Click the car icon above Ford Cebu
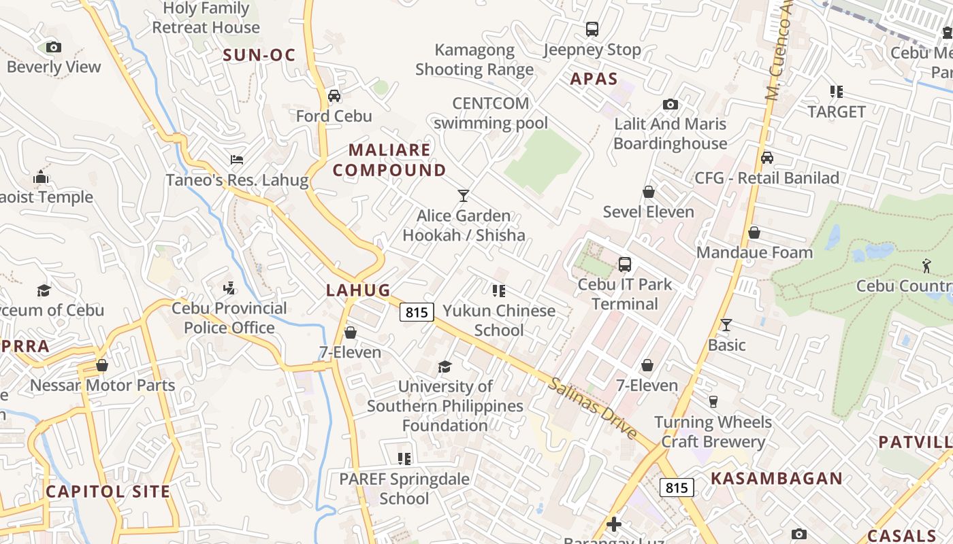(334, 95)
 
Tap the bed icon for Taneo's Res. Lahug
(237, 160)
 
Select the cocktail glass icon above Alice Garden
(464, 196)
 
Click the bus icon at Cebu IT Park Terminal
(624, 264)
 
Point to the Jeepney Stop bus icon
(592, 29)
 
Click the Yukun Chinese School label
(499, 320)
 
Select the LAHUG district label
(358, 290)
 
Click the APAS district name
(594, 79)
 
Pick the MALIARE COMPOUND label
(389, 160)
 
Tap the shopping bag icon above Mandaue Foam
(754, 233)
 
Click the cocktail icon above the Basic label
(726, 325)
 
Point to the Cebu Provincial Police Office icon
(229, 288)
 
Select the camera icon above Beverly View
(54, 47)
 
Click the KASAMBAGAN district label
(777, 478)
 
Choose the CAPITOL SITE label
(108, 491)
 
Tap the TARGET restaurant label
(837, 112)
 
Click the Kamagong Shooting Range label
(474, 60)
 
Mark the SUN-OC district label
(259, 55)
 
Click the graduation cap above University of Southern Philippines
(445, 367)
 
